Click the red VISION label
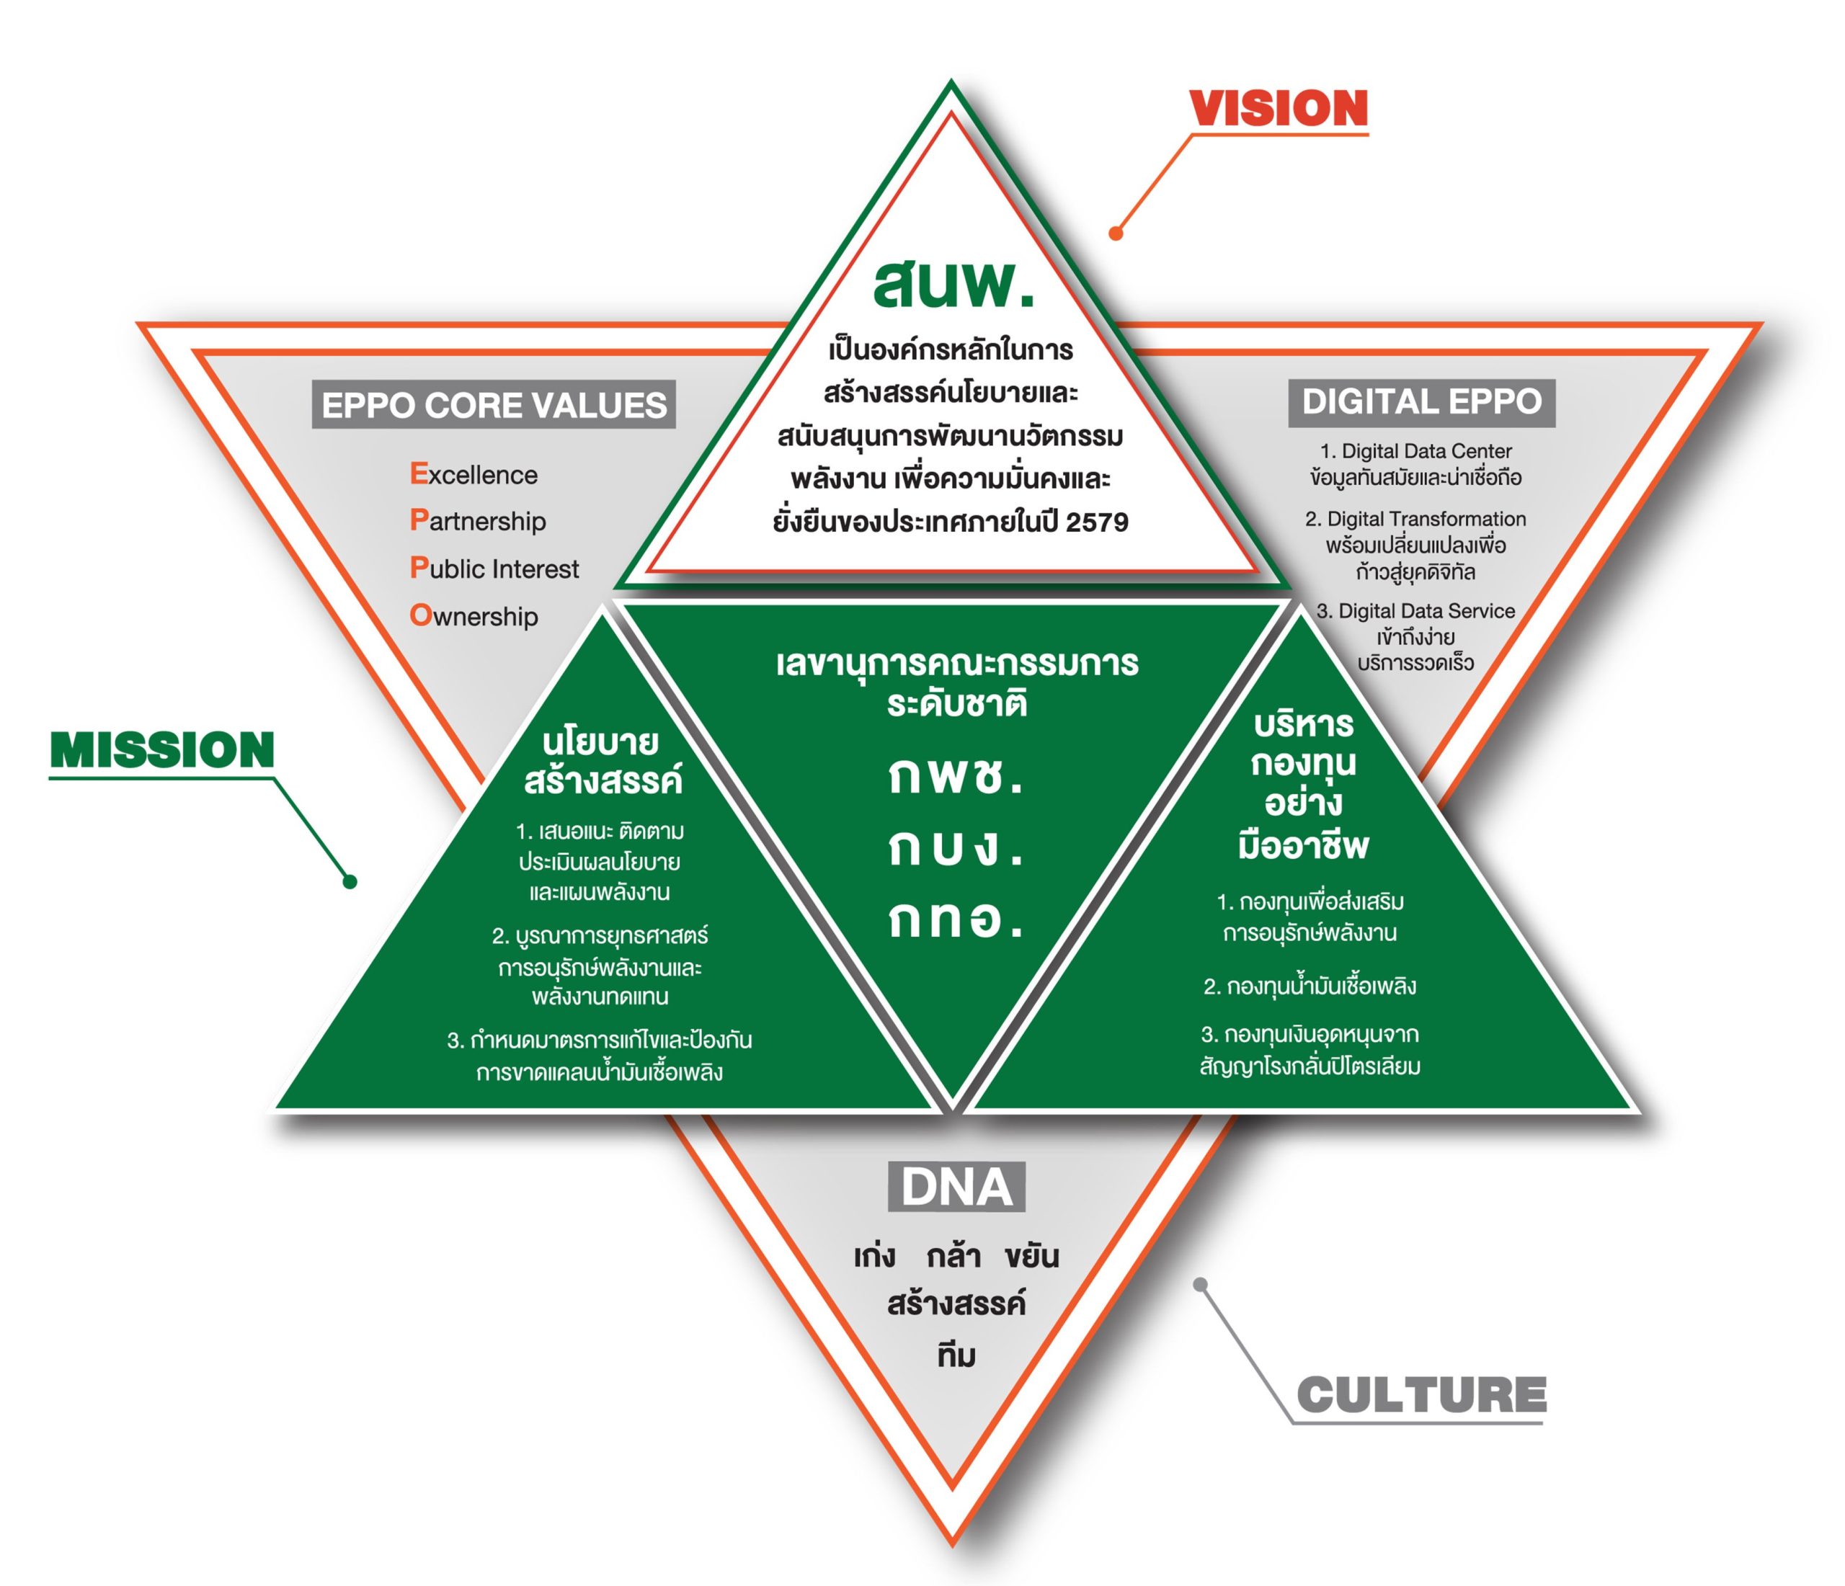[x=1278, y=109]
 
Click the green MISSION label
[x=162, y=750]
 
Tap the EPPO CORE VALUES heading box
[x=493, y=405]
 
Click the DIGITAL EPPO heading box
[x=1421, y=401]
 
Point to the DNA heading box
[x=956, y=1187]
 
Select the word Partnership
[x=478, y=521]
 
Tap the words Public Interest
[x=494, y=568]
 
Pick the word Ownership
[x=474, y=615]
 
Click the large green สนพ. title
[x=953, y=285]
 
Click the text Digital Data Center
[x=1426, y=452]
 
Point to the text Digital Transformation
[x=1426, y=519]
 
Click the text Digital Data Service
[x=1426, y=611]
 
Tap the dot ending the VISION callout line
[x=1115, y=233]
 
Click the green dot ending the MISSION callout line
[x=350, y=881]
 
